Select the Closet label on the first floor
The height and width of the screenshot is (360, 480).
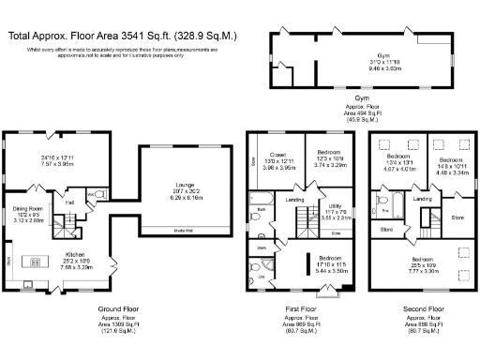coord(278,157)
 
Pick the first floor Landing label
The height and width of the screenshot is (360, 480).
coord(294,200)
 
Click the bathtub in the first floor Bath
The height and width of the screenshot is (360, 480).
coord(260,199)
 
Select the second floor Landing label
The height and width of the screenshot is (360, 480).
coord(423,199)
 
